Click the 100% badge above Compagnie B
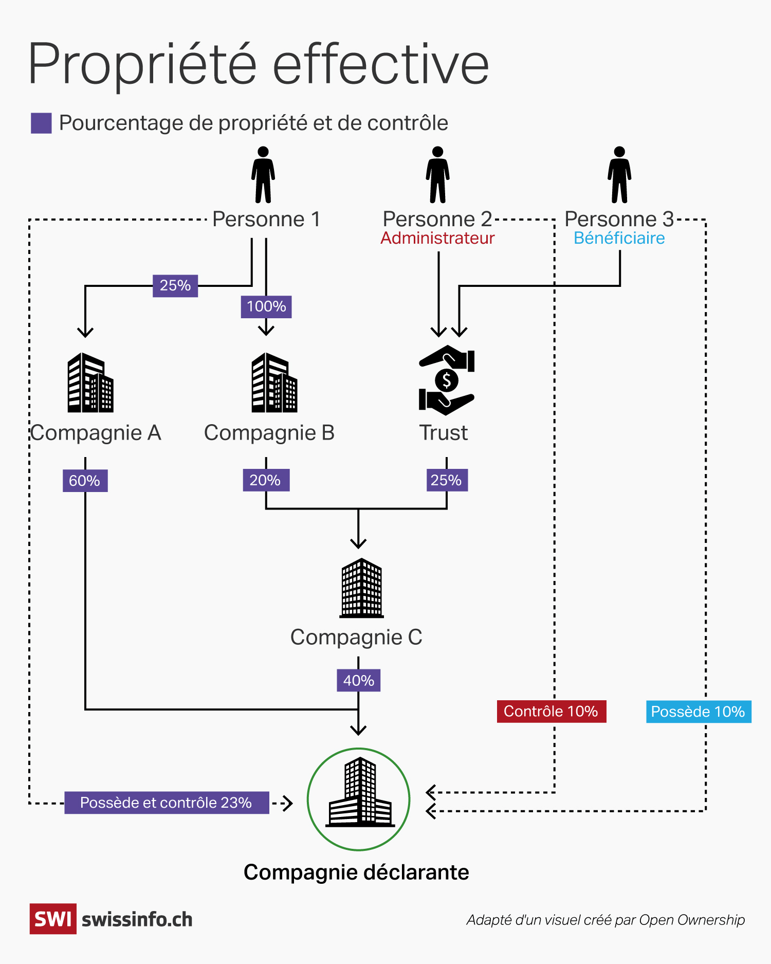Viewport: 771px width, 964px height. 266,306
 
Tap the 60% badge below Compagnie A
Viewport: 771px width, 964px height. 85,481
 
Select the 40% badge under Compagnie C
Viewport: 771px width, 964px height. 358,680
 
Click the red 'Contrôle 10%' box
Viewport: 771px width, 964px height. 551,712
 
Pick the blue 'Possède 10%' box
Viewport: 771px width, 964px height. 698,712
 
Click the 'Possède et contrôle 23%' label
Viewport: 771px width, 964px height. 166,803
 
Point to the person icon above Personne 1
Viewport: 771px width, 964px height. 263,175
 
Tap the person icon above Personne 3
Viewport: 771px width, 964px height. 619,175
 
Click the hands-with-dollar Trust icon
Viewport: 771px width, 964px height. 446,380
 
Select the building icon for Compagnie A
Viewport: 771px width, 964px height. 90,383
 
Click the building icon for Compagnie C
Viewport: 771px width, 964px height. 361,588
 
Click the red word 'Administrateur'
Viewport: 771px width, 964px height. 437,238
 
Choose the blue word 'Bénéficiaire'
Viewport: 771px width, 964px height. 619,238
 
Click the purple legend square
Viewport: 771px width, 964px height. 41,123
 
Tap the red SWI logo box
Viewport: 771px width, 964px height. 53,919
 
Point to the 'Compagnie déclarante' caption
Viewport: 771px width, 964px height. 356,872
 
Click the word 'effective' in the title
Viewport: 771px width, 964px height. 380,65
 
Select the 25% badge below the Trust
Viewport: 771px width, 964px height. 447,480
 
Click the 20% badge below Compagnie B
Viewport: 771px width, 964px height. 266,480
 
